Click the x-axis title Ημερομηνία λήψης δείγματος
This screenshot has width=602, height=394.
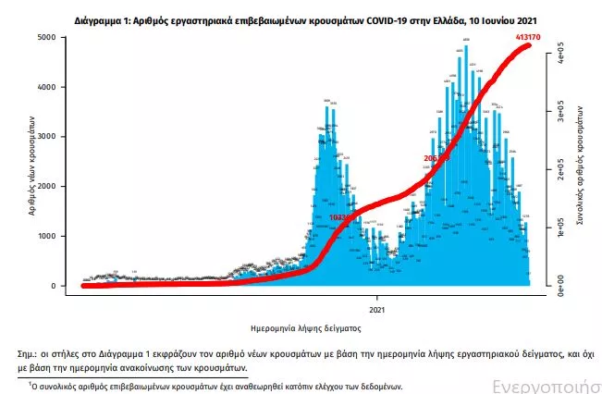coord(301,328)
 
